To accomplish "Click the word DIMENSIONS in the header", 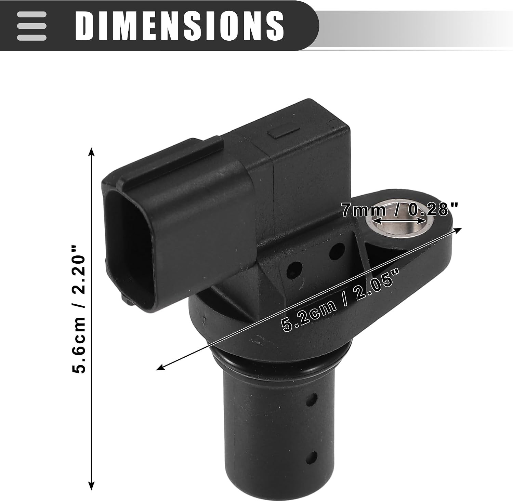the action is click(x=179, y=25).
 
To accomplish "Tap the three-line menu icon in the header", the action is click(x=31, y=26).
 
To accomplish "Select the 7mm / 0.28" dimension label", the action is click(x=399, y=209).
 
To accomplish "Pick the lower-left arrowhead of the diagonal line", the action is click(x=160, y=367).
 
